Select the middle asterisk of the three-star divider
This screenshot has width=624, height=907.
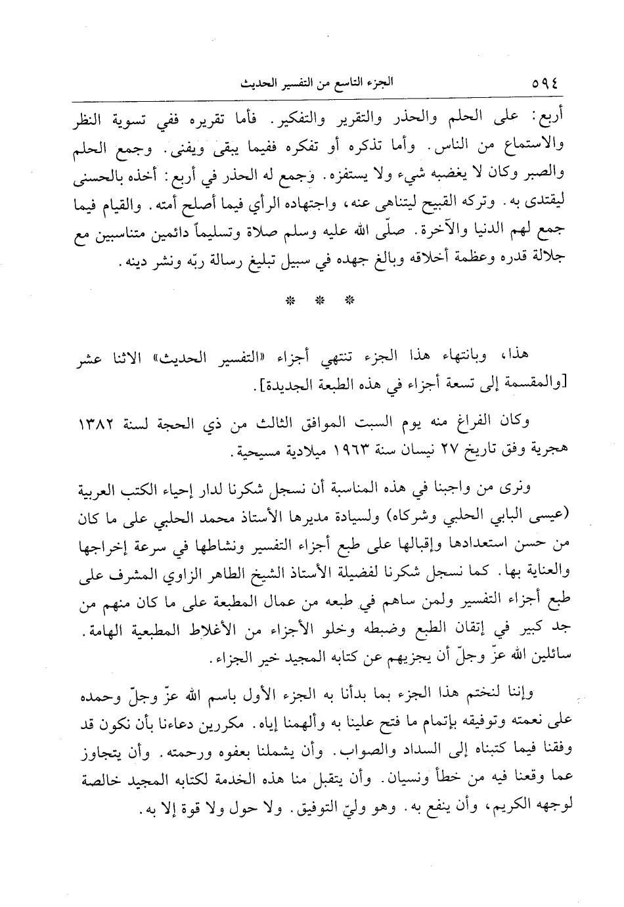coord(320,301)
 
